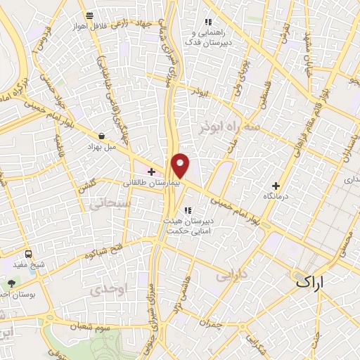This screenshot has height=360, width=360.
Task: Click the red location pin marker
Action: (181, 165)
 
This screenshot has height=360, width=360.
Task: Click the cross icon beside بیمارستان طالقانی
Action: (151, 172)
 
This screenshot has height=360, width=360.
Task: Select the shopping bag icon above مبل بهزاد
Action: (103, 136)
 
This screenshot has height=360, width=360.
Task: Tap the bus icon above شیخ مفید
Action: (28, 254)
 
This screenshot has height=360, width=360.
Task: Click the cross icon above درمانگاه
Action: (275, 186)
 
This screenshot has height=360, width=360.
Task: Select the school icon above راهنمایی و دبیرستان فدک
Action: (207, 22)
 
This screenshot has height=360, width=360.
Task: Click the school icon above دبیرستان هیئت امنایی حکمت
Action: (187, 210)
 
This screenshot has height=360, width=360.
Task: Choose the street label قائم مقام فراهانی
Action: (307, 130)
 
